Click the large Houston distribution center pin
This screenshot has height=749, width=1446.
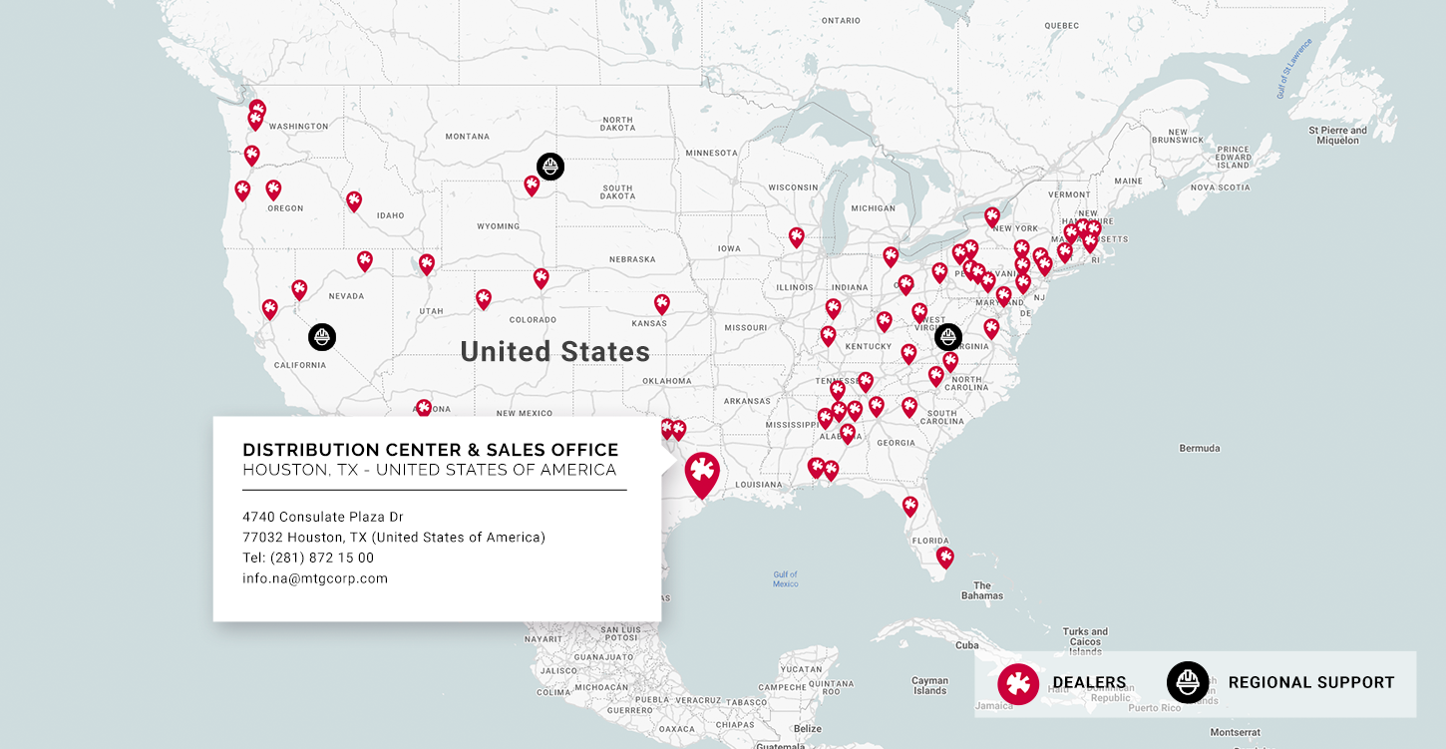click(702, 473)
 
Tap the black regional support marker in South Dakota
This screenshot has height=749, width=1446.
click(550, 166)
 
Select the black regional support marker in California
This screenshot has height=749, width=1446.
click(322, 337)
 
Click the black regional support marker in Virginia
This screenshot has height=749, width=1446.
click(948, 337)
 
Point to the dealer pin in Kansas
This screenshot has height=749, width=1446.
click(662, 303)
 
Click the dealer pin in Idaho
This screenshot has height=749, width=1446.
click(354, 200)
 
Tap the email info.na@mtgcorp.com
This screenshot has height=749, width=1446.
click(315, 578)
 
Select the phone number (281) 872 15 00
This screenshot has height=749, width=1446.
click(308, 558)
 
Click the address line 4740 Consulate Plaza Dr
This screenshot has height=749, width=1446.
click(323, 517)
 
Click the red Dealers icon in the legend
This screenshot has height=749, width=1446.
click(1018, 683)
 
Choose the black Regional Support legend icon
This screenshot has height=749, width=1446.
click(1188, 683)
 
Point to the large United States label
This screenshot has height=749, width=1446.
click(555, 352)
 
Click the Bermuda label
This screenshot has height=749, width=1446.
click(1200, 448)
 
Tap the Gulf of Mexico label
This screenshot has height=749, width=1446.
click(786, 578)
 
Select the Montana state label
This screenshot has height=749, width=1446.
click(468, 137)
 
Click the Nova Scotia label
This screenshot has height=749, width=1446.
click(1220, 187)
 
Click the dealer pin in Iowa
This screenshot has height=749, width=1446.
click(796, 236)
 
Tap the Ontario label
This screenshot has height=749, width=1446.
click(841, 20)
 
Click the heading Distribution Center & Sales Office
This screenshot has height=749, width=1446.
click(431, 450)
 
